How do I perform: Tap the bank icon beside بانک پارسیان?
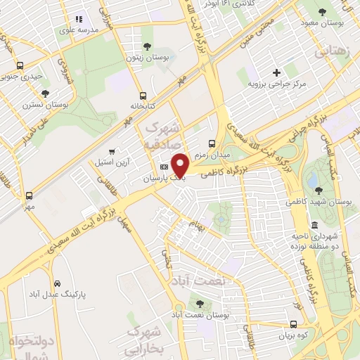pyautogui.click(x=164, y=167)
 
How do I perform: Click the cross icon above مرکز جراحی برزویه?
pyautogui.click(x=277, y=72)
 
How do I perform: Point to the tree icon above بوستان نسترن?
pyautogui.click(x=46, y=93)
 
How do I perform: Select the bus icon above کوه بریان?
pyautogui.click(x=294, y=324)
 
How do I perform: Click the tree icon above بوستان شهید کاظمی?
pyautogui.click(x=319, y=190)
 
